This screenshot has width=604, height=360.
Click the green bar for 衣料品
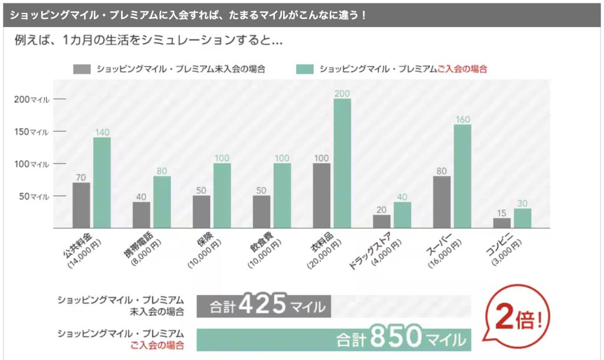[x=342, y=163]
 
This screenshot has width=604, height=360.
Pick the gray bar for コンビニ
[x=502, y=222]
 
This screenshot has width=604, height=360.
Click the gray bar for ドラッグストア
[x=382, y=221]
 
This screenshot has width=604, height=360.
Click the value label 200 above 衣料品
[x=342, y=93]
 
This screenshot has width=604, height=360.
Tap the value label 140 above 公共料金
[x=102, y=132]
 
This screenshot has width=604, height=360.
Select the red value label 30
[x=523, y=203]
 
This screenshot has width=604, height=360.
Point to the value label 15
[x=502, y=212]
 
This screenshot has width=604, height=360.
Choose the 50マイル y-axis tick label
[x=33, y=196]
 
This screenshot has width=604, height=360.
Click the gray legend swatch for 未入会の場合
[x=81, y=68]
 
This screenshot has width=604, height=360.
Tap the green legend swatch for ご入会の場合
[x=304, y=68]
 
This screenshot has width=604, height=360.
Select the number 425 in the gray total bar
[x=264, y=306]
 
